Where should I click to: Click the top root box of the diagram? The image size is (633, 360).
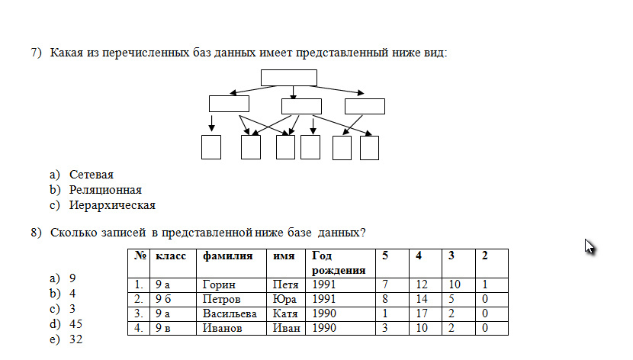pos(288,78)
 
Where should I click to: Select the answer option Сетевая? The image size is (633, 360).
pos(92,175)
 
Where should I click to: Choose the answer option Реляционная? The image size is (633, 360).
pos(105,190)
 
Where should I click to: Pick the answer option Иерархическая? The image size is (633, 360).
pos(112,205)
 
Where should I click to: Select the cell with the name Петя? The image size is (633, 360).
pos(285,284)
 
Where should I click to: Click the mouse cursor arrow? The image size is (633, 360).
pos(590,246)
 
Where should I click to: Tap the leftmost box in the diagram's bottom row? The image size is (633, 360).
pos(211,147)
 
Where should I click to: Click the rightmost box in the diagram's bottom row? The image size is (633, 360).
pos(369,148)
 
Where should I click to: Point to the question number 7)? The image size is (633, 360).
pos(36,53)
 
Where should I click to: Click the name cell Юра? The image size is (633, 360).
pos(284,299)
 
